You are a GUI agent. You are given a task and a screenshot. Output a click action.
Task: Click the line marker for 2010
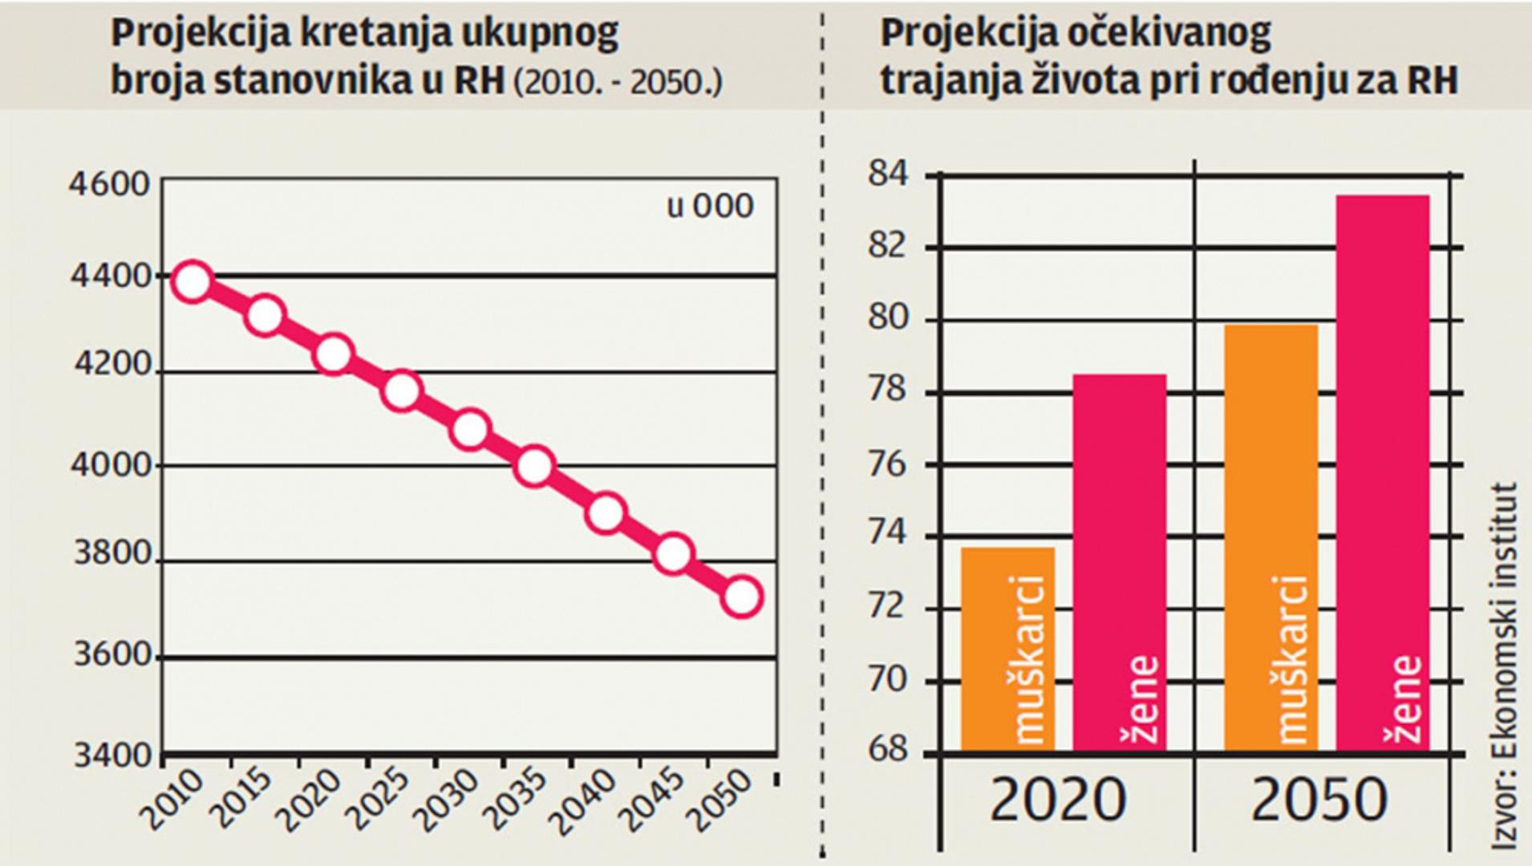click(192, 281)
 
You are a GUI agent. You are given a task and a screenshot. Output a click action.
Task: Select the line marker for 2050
click(741, 597)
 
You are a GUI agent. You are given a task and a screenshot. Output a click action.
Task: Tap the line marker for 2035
click(534, 466)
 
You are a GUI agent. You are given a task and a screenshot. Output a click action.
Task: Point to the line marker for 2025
click(401, 391)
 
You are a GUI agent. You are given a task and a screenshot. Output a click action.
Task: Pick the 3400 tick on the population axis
click(112, 755)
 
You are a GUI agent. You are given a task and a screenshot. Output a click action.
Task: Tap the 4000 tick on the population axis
click(111, 465)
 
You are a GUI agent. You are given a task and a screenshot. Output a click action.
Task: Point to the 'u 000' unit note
click(711, 207)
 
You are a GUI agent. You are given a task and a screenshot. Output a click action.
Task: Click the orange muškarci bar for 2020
click(1007, 649)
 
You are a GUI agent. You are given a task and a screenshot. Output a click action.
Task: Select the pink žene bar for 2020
click(1120, 561)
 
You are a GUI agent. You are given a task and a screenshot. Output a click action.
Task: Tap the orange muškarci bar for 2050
click(1271, 537)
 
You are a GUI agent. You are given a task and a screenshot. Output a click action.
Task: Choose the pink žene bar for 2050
click(1383, 473)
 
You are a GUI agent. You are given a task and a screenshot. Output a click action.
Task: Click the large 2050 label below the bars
click(1319, 800)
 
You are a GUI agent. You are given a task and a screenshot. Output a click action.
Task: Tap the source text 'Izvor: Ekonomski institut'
click(1504, 666)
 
